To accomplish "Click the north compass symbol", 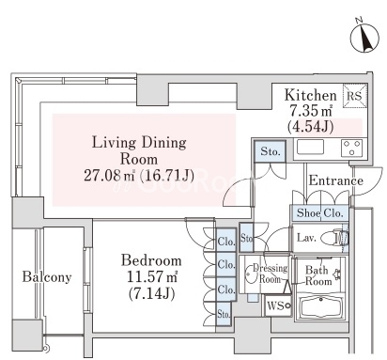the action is (x=364, y=38).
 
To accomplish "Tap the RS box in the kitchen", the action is (x=355, y=96).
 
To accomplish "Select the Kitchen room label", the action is (x=311, y=95).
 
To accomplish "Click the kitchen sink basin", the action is (x=310, y=147).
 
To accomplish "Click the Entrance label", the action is (x=336, y=180).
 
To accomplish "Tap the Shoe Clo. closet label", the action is (x=320, y=213).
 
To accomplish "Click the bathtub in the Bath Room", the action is (x=320, y=308).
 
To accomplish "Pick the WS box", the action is (x=278, y=305).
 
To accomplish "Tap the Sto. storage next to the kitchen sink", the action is (x=270, y=151).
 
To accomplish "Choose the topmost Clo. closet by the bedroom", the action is (x=225, y=241).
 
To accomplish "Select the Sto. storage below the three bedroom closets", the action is (x=224, y=314).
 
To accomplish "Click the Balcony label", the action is (x=47, y=277).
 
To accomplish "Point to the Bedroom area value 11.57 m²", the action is (x=152, y=276).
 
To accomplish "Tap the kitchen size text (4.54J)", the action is (x=310, y=126).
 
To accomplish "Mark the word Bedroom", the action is (x=151, y=260).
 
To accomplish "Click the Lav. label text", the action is (x=306, y=238).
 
